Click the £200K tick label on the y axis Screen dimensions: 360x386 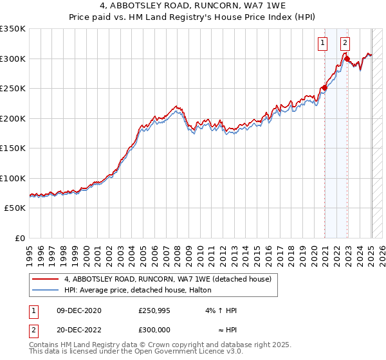[x=12, y=118]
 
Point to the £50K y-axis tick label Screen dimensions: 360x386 [x=14, y=208]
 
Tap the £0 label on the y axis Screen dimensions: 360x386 [x=19, y=238]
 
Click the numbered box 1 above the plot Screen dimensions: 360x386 [x=322, y=44]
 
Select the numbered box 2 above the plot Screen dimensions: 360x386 [x=345, y=44]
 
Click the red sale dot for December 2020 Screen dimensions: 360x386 [x=324, y=87]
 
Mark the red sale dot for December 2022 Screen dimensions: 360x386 [x=347, y=59]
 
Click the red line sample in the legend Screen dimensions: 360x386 [x=44, y=279]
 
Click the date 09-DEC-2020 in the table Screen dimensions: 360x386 [x=78, y=310]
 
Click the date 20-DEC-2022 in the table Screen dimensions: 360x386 [x=78, y=330]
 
